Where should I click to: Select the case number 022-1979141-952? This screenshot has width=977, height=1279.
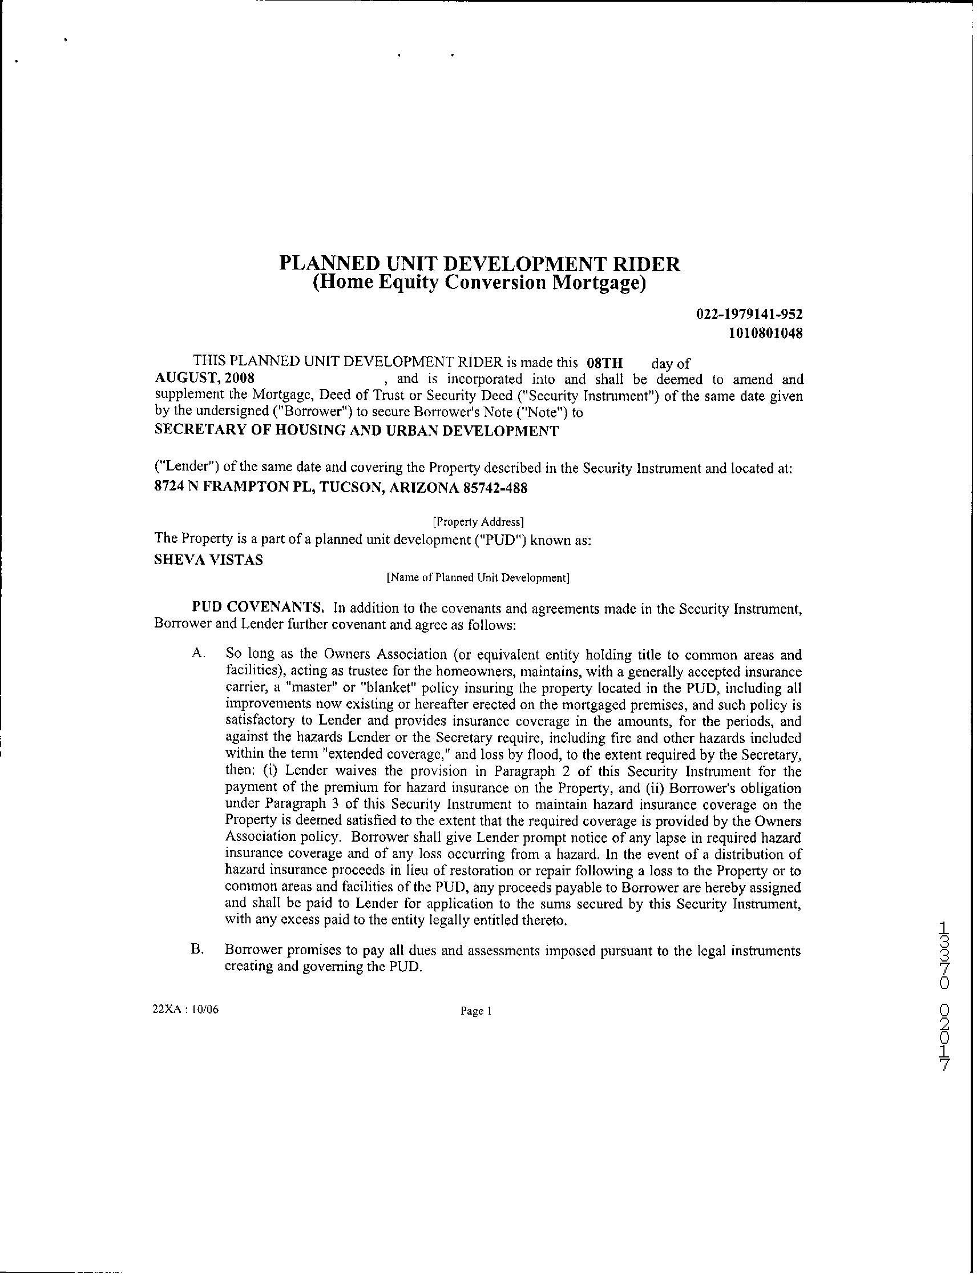coord(749,314)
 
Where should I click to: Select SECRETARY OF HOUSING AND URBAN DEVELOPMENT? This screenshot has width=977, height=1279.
coord(356,431)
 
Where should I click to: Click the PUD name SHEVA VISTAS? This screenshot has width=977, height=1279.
coord(208,560)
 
